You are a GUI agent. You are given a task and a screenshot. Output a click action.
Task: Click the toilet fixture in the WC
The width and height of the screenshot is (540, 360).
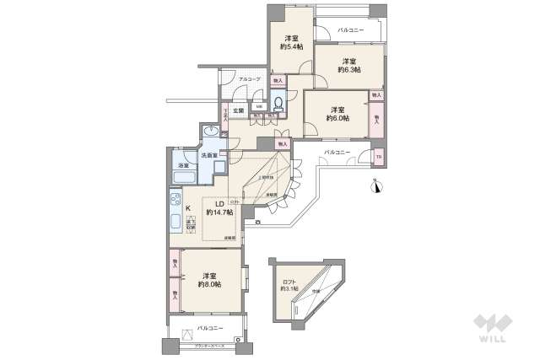278,105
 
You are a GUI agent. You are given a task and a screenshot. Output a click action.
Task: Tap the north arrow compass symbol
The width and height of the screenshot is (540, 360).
377,186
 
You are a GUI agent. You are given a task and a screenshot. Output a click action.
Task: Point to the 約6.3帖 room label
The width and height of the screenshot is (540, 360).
348,65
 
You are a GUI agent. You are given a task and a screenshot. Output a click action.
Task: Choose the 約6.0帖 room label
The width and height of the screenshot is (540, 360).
337,114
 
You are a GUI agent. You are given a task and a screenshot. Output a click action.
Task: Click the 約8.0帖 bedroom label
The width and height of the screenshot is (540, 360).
210,279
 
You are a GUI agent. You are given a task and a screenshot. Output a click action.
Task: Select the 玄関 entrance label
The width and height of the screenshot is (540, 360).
239,110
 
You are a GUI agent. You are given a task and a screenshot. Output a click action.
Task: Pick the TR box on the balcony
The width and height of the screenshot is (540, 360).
378,158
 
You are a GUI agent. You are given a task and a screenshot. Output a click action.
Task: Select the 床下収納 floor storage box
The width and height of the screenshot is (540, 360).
190,225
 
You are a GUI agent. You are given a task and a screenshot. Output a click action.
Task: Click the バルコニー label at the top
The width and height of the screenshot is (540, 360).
350,30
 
